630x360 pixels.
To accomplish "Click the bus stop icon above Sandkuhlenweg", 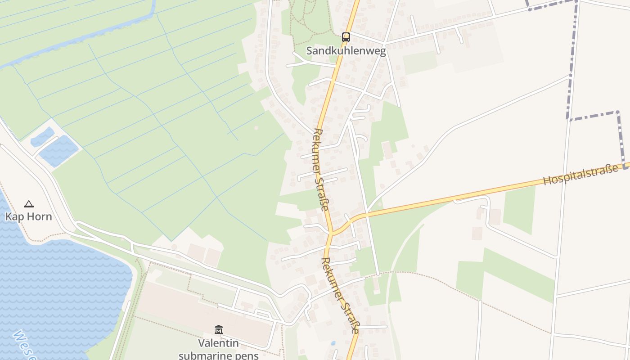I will point(346,37).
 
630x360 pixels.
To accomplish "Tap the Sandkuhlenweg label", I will point(346,51).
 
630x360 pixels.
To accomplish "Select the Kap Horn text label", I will point(29,216).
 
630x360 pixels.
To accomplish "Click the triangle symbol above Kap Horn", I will point(29,204).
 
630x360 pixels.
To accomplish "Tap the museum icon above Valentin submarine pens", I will point(219,330).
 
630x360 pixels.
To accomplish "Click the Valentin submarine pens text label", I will point(219,349).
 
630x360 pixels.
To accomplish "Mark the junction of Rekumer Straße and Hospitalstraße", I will point(331,233).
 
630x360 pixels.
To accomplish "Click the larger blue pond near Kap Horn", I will point(58,151).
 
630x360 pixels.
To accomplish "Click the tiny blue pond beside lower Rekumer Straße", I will point(333,343).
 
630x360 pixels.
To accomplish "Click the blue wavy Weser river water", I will point(58,288).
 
